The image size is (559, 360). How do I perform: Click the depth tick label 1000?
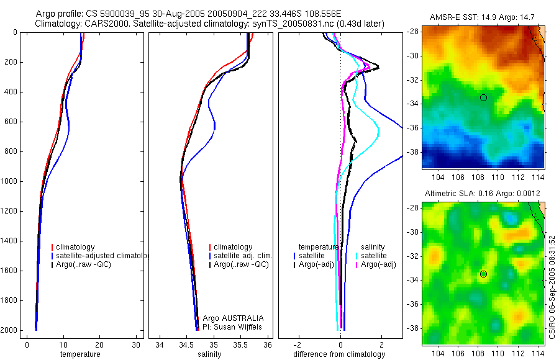9,181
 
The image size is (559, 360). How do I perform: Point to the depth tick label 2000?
9,330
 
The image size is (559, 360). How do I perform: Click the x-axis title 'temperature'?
80,354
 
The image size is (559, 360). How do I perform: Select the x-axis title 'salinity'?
211,354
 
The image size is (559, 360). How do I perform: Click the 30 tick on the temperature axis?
136,344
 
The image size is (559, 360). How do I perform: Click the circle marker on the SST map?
483,97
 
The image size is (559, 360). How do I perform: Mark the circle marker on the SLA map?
483,274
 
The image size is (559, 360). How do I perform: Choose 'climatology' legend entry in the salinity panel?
233,247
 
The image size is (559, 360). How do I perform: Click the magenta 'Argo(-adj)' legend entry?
378,264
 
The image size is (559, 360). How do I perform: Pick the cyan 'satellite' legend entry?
373,256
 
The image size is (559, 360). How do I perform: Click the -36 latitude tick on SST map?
413,128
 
